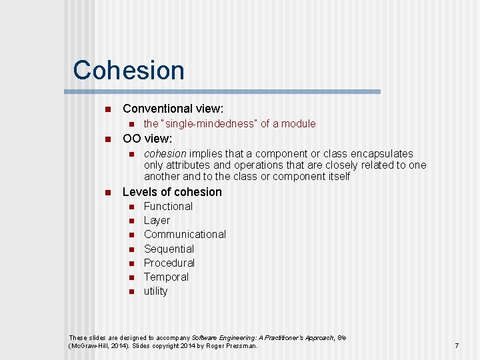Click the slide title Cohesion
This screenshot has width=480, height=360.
129,70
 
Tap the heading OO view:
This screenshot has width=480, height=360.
147,139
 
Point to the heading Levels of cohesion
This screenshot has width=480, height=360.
172,192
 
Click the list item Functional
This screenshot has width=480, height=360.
168,207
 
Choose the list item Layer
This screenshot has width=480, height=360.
157,221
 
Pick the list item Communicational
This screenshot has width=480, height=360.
185,235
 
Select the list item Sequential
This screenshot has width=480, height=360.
169,249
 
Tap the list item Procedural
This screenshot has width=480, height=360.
169,263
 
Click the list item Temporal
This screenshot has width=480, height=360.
166,277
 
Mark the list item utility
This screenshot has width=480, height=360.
155,291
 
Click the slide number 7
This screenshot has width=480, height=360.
457,346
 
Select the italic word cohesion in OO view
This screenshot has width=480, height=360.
165,154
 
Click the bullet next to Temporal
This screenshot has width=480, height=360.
131,277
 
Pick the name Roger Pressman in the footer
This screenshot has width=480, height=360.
233,346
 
